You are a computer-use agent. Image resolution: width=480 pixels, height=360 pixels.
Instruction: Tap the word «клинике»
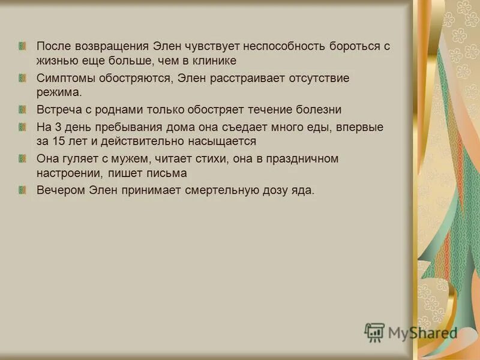point(209,61)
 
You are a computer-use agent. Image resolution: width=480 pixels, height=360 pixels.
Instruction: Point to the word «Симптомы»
point(64,79)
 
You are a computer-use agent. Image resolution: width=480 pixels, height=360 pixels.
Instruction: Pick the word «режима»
point(59,93)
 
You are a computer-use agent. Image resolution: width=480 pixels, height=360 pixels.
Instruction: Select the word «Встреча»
point(58,110)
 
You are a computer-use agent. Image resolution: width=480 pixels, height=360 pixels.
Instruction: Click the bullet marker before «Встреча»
point(23,110)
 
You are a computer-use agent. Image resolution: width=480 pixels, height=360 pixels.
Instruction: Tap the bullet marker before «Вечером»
point(23,190)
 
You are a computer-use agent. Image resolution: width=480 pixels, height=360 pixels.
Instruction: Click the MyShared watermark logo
point(410,332)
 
